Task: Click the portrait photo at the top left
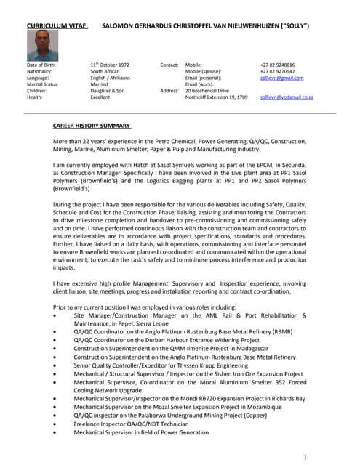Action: [x=42, y=45]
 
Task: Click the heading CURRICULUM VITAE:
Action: [x=57, y=25]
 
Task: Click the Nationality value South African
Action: [x=106, y=71]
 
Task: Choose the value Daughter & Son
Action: [x=108, y=90]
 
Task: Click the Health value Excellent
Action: [x=100, y=97]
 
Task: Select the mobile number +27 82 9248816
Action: [x=279, y=65]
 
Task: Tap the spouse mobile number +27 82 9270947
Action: [x=279, y=71]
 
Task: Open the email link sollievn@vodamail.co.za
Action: [x=287, y=97]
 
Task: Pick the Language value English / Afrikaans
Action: [x=111, y=78]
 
